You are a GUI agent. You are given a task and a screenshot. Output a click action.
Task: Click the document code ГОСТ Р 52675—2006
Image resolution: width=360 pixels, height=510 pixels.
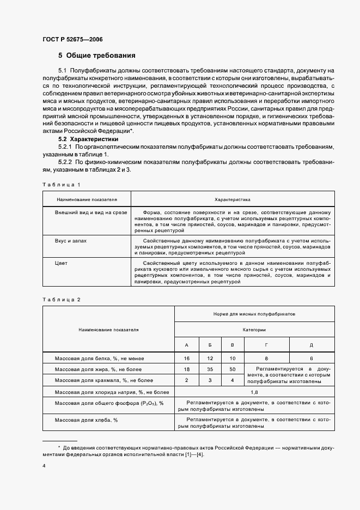tap(72, 39)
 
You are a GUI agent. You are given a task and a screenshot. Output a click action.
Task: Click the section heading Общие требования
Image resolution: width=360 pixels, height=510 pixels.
tap(97, 56)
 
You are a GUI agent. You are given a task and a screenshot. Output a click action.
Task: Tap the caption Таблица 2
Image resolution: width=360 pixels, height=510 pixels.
tap(62, 300)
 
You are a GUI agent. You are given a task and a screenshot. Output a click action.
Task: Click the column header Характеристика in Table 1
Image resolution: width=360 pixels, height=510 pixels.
tap(233, 199)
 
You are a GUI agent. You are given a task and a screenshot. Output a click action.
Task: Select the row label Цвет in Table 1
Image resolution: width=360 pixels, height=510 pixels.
tap(61, 263)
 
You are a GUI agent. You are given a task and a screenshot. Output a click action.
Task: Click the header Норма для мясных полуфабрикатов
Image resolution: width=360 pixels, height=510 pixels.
tap(254, 315)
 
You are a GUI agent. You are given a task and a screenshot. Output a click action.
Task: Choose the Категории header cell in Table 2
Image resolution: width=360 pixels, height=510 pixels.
tap(254, 330)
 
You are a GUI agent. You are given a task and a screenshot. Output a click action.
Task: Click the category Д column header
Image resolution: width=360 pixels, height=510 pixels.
tap(312, 345)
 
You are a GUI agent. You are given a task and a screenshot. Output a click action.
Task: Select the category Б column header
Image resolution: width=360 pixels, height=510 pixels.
tap(210, 345)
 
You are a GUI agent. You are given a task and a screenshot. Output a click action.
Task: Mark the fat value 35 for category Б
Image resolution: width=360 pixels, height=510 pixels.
tap(210, 370)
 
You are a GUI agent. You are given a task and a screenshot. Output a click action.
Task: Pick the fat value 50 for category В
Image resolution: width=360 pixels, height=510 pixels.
tap(233, 370)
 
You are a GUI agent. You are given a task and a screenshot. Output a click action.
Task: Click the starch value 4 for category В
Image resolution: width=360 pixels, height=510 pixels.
tap(233, 380)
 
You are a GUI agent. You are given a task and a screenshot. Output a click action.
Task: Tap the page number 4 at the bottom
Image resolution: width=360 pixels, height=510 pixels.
tap(44, 466)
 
